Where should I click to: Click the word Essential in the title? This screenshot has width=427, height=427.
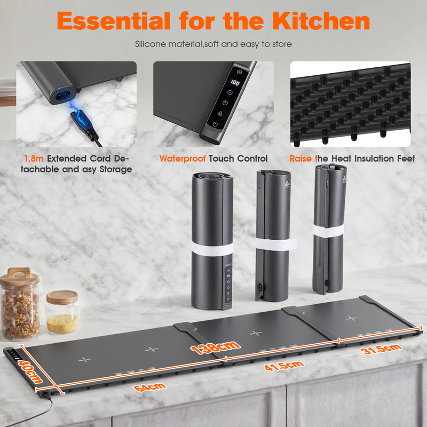coord(113,21)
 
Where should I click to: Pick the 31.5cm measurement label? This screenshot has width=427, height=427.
coord(381,350)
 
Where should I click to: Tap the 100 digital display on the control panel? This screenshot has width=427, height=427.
coord(235,83)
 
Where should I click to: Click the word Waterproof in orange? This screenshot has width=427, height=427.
coord(183,159)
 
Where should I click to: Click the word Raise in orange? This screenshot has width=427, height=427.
coord(301,159)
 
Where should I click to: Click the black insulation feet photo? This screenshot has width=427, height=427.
coord(350,104)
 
